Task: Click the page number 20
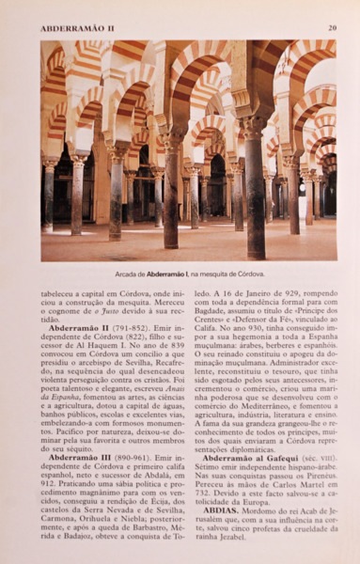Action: [332, 28]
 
